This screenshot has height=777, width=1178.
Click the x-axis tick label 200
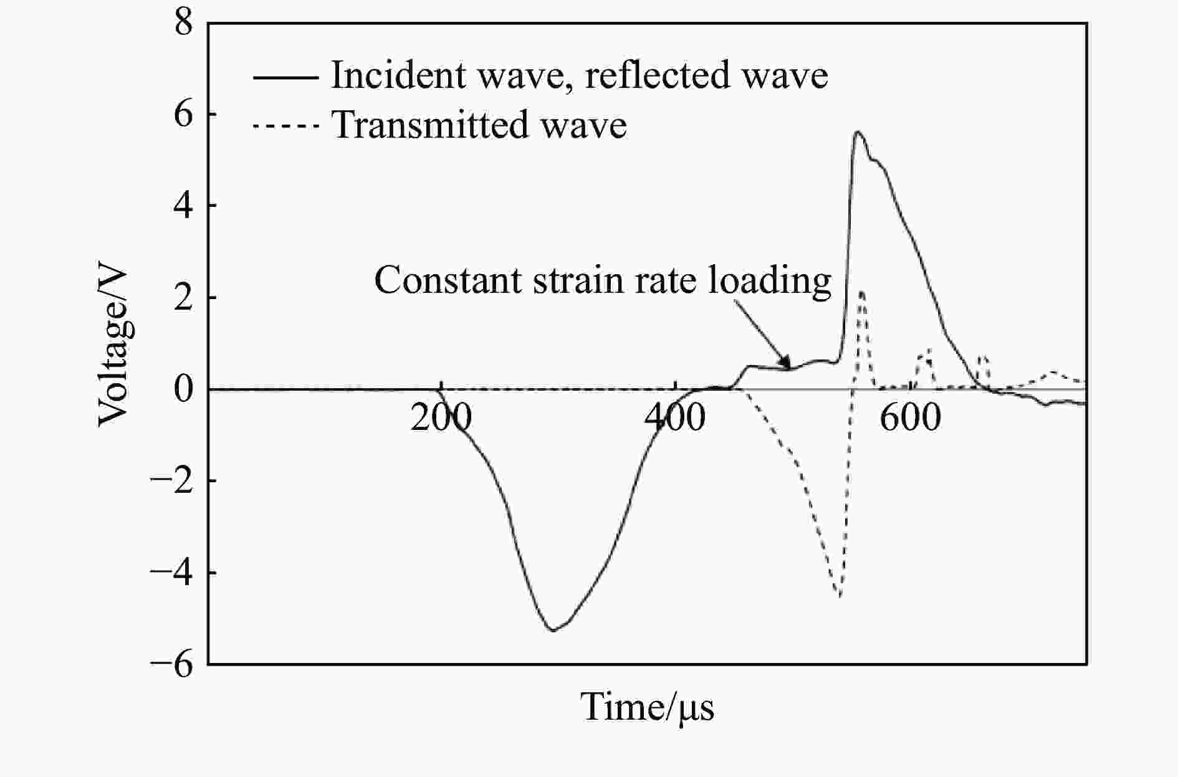441,418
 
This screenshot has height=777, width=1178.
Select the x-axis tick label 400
675,418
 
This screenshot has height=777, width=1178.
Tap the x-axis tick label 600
910,418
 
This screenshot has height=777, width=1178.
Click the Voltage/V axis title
113,348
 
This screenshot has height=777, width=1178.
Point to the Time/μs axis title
648,707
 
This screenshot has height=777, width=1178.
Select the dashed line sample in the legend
285,126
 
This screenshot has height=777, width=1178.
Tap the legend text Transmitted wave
479,125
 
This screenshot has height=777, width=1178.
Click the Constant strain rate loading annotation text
603,281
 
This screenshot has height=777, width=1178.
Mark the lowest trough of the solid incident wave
553,630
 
